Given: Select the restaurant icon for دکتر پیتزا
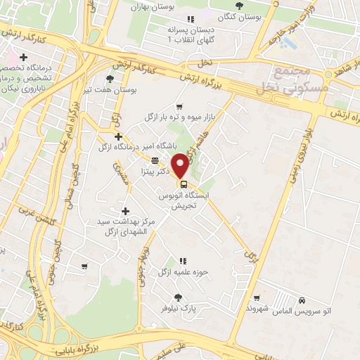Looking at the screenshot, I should pos(155,160).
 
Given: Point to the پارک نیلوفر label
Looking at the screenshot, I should pos(178,308).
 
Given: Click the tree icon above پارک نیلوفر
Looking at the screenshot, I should pos(178,297).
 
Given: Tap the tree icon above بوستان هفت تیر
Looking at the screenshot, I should pos(109,79).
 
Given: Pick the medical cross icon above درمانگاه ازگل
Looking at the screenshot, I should pos(118,136).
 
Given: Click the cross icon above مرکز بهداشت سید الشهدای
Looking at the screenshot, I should pos(125,210).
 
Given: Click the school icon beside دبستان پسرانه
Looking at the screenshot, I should pos(189,19).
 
